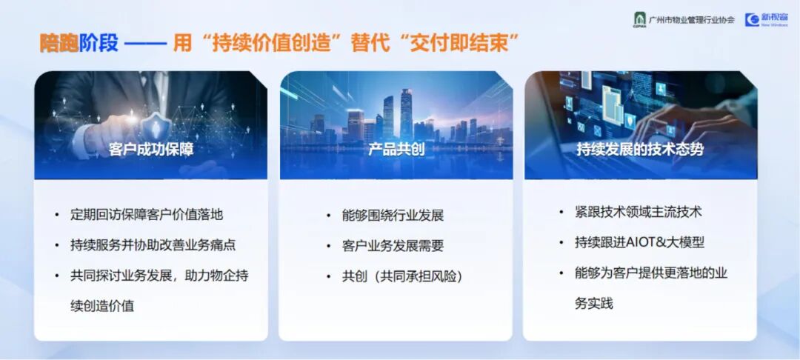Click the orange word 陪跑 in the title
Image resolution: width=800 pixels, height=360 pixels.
click(59, 44)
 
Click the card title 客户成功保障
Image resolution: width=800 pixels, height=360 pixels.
click(151, 150)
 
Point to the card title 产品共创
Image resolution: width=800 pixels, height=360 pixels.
click(396, 150)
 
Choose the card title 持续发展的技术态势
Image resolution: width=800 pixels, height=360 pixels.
click(640, 150)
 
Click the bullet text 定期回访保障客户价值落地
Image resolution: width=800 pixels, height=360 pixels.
click(147, 214)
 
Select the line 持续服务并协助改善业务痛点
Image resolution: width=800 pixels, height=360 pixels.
click(153, 244)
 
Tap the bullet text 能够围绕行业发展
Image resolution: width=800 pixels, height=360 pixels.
click(393, 215)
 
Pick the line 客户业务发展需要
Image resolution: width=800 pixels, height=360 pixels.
click(393, 246)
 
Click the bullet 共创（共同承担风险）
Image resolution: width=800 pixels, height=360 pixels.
click(402, 277)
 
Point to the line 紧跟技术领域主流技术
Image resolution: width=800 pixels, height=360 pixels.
click(639, 212)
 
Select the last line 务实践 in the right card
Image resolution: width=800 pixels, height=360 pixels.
click(593, 304)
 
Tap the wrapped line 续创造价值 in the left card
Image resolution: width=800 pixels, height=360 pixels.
click(102, 306)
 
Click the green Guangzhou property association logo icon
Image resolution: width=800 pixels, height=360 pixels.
click(639, 19)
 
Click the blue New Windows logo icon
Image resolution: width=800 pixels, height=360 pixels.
click(752, 19)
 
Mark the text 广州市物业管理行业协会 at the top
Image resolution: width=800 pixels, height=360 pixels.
click(692, 20)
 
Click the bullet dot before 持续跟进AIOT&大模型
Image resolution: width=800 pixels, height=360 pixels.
click(561, 243)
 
